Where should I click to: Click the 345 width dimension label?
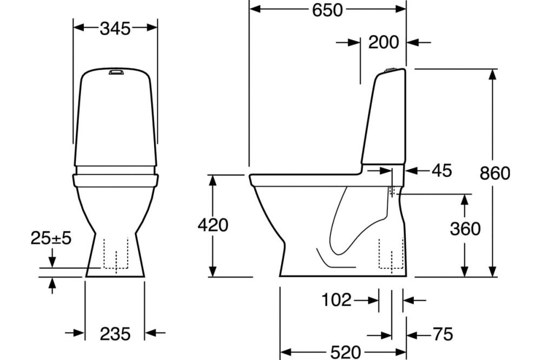(115, 29)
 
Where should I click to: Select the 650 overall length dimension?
(327, 10)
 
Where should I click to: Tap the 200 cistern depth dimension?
(384, 42)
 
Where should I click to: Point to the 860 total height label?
(495, 173)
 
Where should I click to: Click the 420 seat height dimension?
(213, 225)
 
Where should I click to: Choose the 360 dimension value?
(465, 229)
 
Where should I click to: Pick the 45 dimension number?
(441, 170)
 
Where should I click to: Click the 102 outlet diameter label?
(337, 299)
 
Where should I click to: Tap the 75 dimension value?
(443, 334)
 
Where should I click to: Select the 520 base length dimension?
(345, 352)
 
